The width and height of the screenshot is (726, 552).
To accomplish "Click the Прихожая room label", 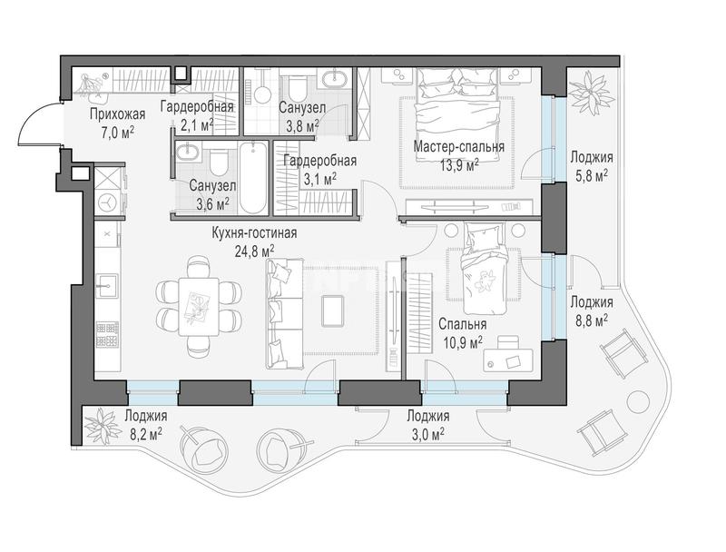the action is (x=118, y=113).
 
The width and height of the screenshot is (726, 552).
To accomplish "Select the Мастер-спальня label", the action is (x=459, y=147).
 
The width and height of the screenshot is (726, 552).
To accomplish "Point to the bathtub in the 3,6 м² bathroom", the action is (x=253, y=178).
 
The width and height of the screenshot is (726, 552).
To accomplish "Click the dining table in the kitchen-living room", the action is (x=199, y=306).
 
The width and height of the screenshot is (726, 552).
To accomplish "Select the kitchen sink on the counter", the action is (x=107, y=285).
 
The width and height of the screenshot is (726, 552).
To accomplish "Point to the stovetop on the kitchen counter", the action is (x=107, y=334).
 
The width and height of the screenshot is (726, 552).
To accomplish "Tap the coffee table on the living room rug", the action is (x=333, y=310).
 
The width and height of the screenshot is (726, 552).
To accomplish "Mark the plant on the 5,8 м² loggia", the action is (x=592, y=90).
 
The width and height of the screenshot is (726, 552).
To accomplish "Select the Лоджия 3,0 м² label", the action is (x=427, y=424).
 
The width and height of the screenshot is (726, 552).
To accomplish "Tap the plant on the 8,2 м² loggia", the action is (x=103, y=426).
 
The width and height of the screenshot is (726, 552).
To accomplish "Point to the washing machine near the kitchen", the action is (x=107, y=202).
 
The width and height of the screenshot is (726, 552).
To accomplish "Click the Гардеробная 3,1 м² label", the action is (x=320, y=169).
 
